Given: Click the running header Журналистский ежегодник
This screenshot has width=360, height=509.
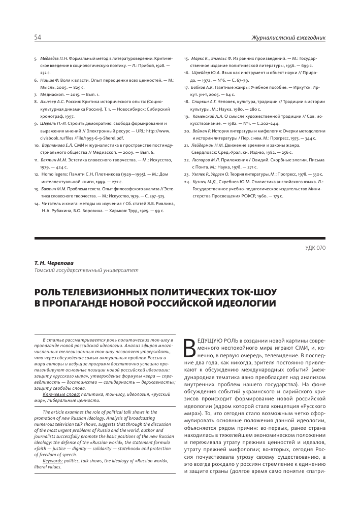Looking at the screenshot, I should pos(288,38).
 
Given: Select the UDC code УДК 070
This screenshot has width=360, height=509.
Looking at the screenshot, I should pos(315,247).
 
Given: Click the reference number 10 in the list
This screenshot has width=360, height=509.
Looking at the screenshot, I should pos(37,145).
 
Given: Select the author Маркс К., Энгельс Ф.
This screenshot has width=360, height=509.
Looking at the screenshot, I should pos(212,59).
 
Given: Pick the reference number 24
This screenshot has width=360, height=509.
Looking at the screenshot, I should pos(187,181).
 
